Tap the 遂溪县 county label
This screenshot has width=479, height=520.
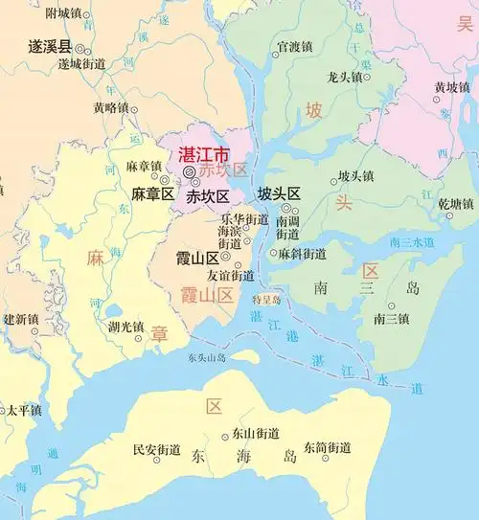point(50,46)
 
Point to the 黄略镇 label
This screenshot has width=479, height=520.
point(110,108)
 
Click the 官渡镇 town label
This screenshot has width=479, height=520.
point(294,46)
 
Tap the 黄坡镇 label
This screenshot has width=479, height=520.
point(451,87)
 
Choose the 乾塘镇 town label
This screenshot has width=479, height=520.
point(456,204)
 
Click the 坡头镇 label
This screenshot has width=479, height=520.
point(356,177)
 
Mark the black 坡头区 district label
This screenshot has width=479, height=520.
point(279,193)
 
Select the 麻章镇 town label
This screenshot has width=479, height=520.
point(144,166)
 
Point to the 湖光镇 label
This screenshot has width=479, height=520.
point(125,327)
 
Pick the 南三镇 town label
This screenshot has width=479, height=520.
point(391,318)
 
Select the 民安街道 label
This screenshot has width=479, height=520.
point(154,448)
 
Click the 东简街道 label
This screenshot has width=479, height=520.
point(328,447)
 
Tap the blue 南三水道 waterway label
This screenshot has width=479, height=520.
point(414,242)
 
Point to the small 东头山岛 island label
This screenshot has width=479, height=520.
point(207,358)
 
